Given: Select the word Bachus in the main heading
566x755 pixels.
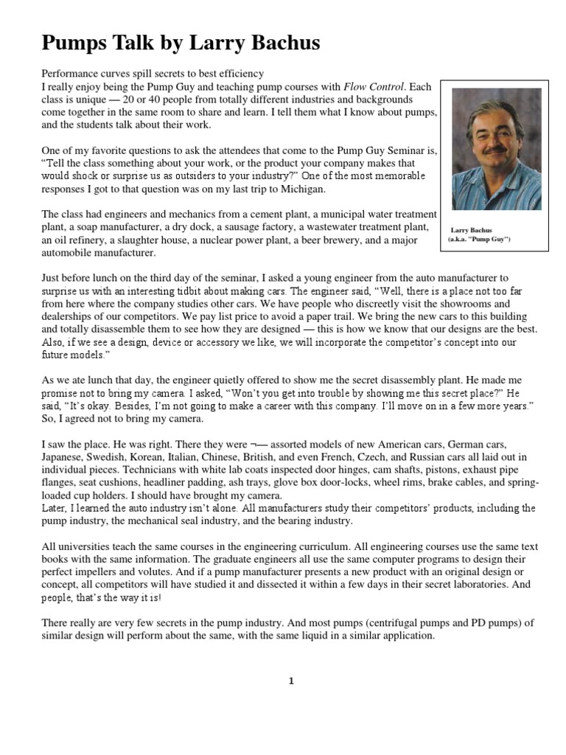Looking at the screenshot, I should [278, 44].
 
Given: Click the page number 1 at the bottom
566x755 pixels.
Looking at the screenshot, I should [291, 681].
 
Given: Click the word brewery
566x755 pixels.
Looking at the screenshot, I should [348, 240].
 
